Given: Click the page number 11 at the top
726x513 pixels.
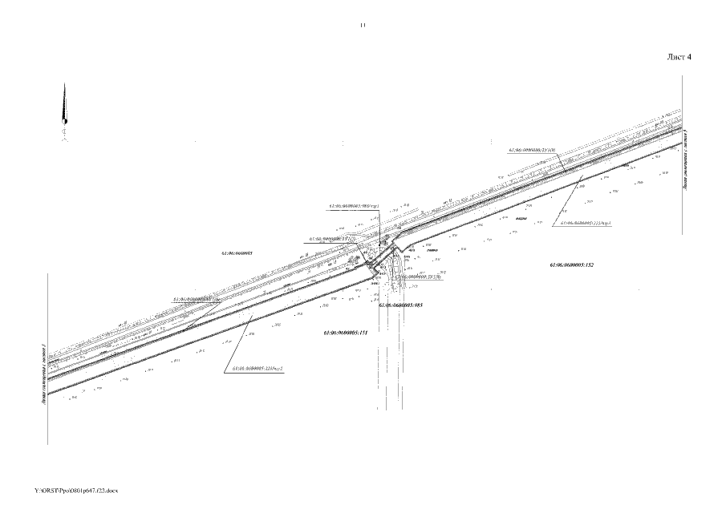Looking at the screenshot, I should (363, 25).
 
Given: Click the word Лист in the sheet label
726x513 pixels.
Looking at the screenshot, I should (676, 58).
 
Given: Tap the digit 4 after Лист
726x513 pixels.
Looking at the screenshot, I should (688, 58).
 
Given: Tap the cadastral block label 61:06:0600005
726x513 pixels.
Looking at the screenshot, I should (237, 252).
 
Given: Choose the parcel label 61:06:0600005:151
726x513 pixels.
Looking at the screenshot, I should (345, 332).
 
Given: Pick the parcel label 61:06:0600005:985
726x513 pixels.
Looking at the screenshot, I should (401, 305).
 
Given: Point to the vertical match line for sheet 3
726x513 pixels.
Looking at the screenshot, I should (49, 361).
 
